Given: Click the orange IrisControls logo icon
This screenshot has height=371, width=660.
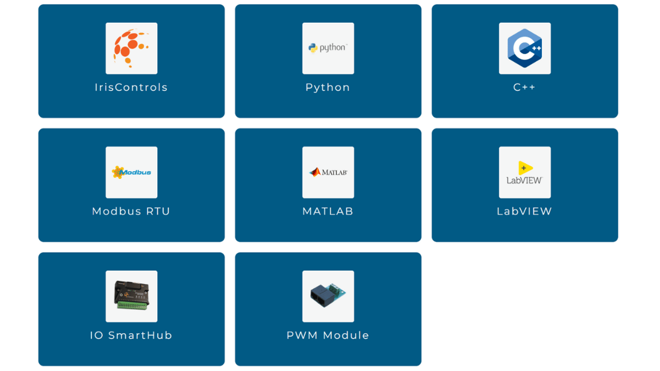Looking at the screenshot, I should pyautogui.click(x=131, y=48).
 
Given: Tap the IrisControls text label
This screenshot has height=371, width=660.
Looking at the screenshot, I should pyautogui.click(x=131, y=87).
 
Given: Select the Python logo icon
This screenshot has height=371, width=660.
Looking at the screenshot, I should pyautogui.click(x=328, y=48).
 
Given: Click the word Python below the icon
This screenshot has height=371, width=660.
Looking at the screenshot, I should pyautogui.click(x=328, y=87).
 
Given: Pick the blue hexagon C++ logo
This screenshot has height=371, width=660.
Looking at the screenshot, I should pyautogui.click(x=524, y=48).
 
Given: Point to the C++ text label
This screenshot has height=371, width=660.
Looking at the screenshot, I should pyautogui.click(x=524, y=87).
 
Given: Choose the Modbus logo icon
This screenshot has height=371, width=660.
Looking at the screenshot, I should pyautogui.click(x=131, y=172).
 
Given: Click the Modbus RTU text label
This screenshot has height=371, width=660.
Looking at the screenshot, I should pyautogui.click(x=131, y=211).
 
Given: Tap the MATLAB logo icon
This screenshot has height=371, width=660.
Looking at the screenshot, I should pyautogui.click(x=328, y=172).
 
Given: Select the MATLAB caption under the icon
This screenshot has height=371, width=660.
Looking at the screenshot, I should pyautogui.click(x=328, y=211).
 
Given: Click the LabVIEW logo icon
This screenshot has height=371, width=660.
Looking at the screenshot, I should pyautogui.click(x=524, y=172).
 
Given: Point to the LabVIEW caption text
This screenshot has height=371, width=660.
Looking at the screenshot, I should pyautogui.click(x=524, y=211).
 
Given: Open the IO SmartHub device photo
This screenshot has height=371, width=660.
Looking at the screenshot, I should pyautogui.click(x=131, y=296).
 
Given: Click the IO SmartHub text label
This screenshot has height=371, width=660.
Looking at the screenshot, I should pyautogui.click(x=131, y=335).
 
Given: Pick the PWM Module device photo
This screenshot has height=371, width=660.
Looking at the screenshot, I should pyautogui.click(x=328, y=296).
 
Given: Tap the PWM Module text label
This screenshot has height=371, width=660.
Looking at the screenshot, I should pyautogui.click(x=328, y=335).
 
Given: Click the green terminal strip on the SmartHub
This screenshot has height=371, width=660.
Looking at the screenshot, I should pyautogui.click(x=131, y=306).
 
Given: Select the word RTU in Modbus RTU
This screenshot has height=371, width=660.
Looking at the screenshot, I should pyautogui.click(x=157, y=211).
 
